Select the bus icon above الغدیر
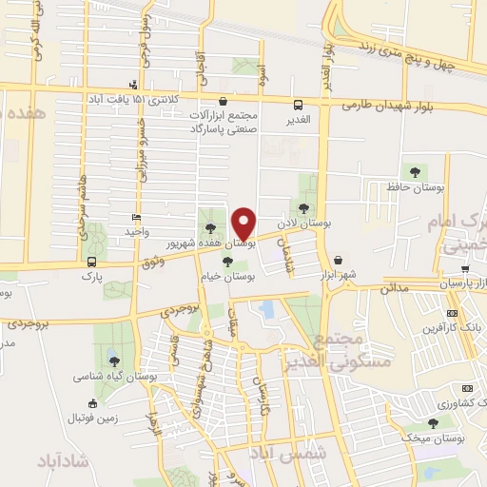(x=298, y=106)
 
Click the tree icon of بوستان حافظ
(x=415, y=172)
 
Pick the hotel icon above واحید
(x=137, y=217)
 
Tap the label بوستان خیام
(x=234, y=275)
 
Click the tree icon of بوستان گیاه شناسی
(x=114, y=360)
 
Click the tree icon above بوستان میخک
(x=434, y=422)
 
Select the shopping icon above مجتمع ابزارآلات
(x=223, y=101)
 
